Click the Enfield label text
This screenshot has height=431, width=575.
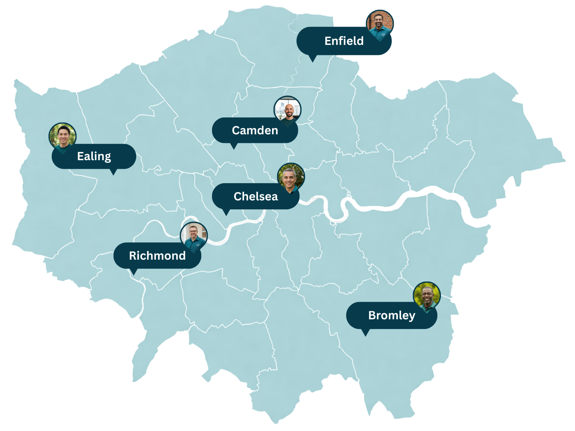[x=344, y=41]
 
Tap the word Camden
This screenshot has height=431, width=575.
[x=255, y=130]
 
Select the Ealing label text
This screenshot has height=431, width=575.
[x=94, y=156]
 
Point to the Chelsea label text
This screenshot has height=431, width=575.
[x=256, y=196]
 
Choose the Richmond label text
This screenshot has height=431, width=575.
[x=157, y=256]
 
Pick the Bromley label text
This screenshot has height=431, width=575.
[x=391, y=315]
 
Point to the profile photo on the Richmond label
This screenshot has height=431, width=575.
[x=194, y=236]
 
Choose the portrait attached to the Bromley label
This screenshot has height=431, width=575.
[x=427, y=296]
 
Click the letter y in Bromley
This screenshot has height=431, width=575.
[x=412, y=316]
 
